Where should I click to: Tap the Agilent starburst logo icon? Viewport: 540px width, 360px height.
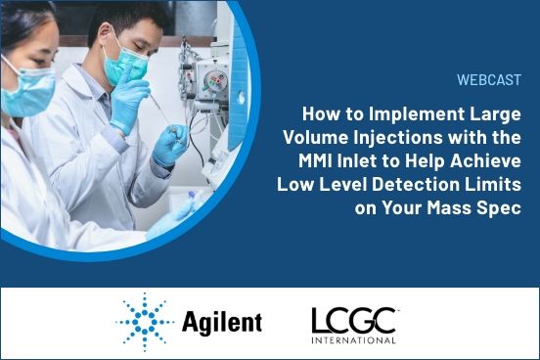[146, 321]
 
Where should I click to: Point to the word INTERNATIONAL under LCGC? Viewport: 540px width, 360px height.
[353, 340]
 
